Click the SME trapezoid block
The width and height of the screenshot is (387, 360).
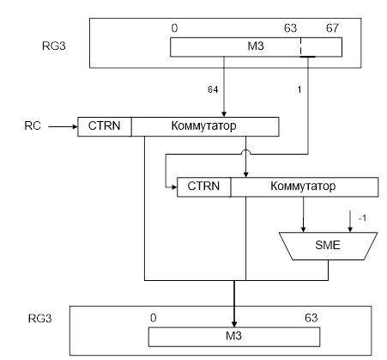tap(328, 246)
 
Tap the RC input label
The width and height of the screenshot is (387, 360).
tap(33, 126)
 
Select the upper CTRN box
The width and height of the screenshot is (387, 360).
tap(105, 126)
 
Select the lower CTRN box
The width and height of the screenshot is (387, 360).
tap(204, 186)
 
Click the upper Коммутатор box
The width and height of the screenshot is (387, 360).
tap(205, 126)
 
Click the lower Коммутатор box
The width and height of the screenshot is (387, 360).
tap(305, 186)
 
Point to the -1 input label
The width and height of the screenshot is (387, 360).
tap(362, 218)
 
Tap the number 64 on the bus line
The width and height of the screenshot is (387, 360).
tap(213, 89)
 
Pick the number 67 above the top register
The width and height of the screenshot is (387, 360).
tap(332, 28)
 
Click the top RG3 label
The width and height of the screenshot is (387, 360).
tap(54, 46)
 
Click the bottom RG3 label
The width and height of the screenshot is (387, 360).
tap(40, 319)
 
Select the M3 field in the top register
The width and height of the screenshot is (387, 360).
tap(256, 46)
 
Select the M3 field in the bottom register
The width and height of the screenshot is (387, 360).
tap(234, 337)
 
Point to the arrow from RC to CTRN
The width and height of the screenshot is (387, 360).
tap(63, 126)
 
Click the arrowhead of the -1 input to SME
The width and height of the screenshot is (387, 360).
tap(350, 229)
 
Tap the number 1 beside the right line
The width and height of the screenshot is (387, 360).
tap(299, 90)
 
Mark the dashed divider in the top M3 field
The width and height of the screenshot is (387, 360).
tap(300, 46)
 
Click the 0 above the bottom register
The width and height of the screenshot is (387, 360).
tap(154, 318)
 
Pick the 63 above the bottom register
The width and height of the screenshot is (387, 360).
tap(311, 318)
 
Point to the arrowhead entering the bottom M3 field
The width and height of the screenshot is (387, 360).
tap(234, 324)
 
